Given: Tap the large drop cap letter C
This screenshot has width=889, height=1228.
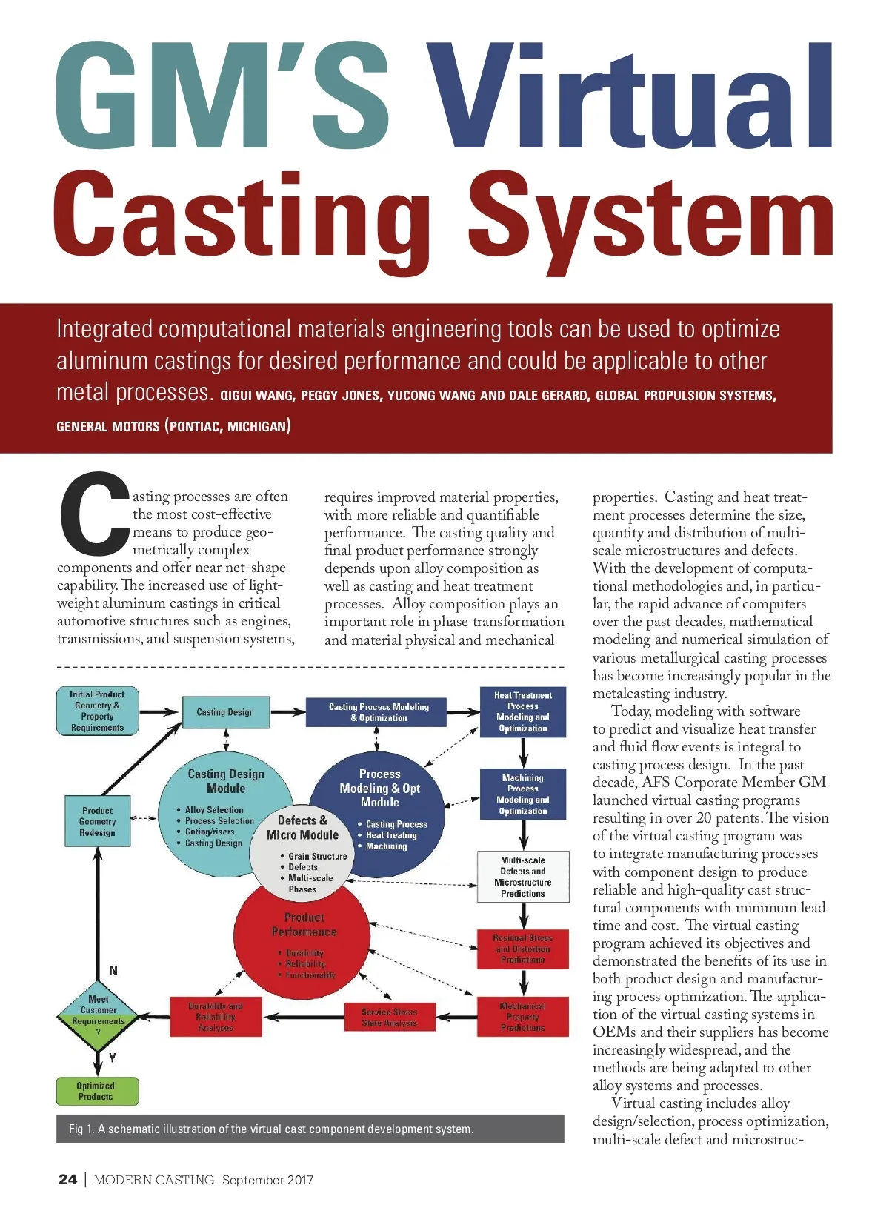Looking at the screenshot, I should click(x=93, y=515).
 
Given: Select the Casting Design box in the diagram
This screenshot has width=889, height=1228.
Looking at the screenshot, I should click(x=225, y=712).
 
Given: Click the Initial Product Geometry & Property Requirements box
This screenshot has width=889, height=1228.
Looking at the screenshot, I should click(x=98, y=711).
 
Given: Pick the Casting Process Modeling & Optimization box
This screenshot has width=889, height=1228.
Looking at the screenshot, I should click(x=379, y=712).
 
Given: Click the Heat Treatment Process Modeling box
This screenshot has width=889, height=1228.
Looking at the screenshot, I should click(x=523, y=712).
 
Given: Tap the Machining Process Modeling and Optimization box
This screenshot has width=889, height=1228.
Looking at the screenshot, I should click(x=523, y=794).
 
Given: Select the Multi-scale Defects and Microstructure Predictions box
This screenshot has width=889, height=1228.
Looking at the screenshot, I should click(x=523, y=877).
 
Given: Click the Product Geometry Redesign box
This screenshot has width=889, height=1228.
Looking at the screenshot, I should click(x=98, y=822).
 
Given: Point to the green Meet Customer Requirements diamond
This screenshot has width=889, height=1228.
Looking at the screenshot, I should click(x=98, y=1016).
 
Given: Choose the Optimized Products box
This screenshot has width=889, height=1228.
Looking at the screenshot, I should click(x=97, y=1091).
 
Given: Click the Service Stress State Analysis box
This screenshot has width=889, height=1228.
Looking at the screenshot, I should click(x=390, y=1018).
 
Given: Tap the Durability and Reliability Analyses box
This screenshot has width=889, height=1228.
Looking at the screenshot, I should click(x=216, y=1017).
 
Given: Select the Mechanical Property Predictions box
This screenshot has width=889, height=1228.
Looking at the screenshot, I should click(x=523, y=1017).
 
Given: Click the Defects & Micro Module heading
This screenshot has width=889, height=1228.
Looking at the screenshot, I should click(x=302, y=828).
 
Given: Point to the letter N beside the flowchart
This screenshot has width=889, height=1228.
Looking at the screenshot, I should click(x=113, y=970).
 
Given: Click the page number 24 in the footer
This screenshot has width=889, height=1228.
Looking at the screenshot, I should click(x=67, y=1180).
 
